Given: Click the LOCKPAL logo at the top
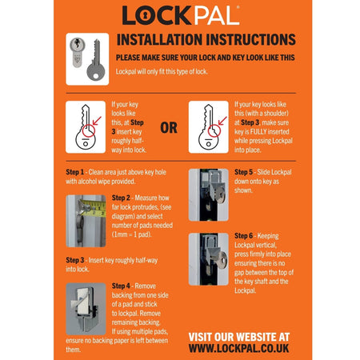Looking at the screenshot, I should pos(179,15).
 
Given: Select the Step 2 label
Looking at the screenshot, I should pos(122,198).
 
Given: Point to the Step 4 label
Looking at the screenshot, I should pos(122,286).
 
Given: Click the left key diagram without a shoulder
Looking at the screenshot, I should pos(85,126).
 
